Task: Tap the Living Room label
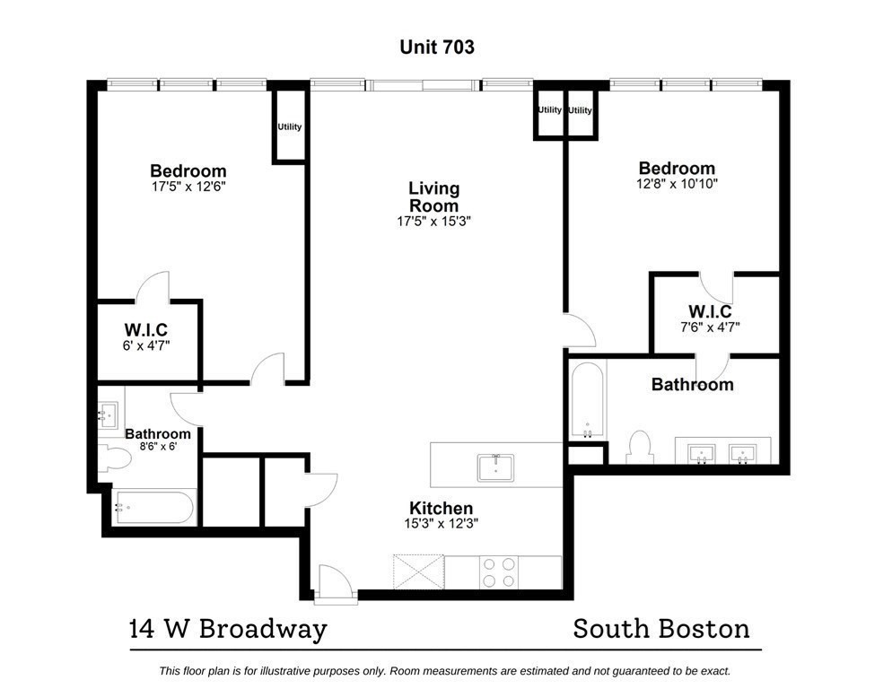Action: pos(433,196)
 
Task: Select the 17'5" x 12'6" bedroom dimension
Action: pos(188,188)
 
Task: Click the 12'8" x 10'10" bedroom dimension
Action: pos(677,184)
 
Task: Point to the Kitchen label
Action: pos(441,509)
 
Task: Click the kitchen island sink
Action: pos(494,467)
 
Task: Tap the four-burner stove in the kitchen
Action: pos(499,572)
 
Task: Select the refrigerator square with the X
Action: pos(418,571)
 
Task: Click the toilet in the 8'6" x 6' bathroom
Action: pos(114,457)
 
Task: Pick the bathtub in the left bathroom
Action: pos(153,508)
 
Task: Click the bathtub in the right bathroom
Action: pos(587,401)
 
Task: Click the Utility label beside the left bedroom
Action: pos(289,126)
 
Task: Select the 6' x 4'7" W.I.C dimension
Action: pos(145,344)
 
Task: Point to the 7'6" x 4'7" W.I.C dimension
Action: pos(710,327)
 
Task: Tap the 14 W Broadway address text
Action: pos(227,629)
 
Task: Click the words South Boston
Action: pos(661,629)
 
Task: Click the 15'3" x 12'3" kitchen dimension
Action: pos(441,525)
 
